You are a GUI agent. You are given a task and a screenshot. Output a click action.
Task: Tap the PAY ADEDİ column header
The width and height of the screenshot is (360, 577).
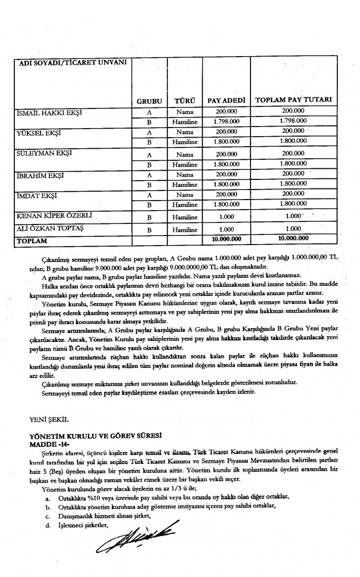pos(226,100)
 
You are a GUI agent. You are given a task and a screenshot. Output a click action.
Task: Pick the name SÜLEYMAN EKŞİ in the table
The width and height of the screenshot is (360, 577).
pos(46,154)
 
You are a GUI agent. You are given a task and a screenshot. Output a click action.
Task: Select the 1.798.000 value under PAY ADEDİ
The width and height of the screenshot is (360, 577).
pos(227,122)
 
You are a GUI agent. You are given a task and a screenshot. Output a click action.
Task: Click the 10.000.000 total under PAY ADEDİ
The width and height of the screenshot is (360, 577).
pos(227,240)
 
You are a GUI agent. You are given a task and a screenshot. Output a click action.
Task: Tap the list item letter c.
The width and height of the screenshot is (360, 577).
pos(47,516)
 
